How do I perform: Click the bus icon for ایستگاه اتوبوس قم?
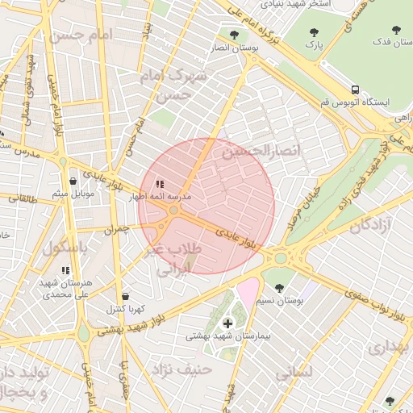pos(356,90)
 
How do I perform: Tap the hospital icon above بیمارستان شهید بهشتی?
pos(227,323)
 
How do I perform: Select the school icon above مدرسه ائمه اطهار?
pos(160,184)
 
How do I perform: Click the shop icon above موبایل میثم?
pos(73,181)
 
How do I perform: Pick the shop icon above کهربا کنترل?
pos(124,296)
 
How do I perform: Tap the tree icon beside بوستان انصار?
pos(235,35)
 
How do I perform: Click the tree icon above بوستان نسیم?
pos(279,288)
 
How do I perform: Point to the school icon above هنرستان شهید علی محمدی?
pos(65,270)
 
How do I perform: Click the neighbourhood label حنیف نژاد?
pos(177,370)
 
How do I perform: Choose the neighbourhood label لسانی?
pos(294,374)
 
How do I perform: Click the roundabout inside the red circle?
pos(173,211)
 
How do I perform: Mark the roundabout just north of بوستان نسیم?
pos(282,259)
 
